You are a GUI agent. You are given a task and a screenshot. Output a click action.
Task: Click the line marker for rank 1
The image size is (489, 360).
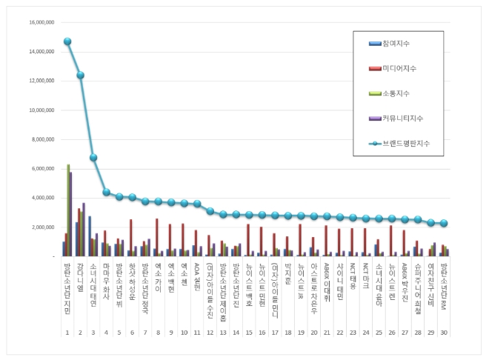pos(67,41)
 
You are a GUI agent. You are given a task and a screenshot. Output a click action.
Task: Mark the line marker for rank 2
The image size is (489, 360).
pos(80,76)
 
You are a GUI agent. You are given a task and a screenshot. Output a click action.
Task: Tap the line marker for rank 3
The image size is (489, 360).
pos(93,158)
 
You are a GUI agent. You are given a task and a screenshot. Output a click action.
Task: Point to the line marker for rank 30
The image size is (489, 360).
pos(443,223)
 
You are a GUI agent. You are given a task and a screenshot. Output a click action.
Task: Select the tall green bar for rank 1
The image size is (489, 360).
pos(68,210)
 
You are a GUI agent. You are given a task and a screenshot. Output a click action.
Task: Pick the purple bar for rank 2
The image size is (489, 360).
pos(84,230)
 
